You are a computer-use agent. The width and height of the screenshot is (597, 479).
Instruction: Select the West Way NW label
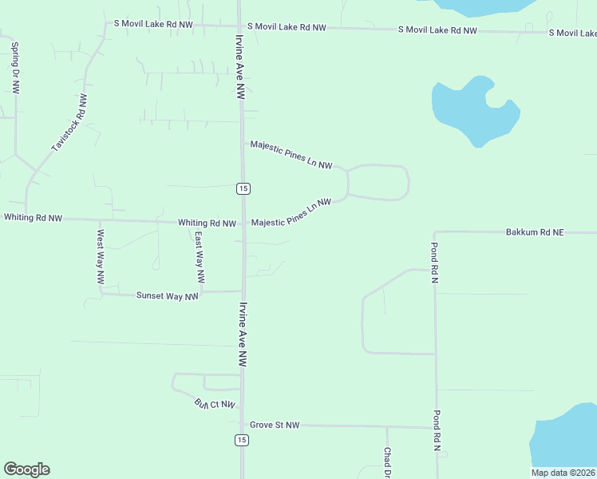tap(101, 258)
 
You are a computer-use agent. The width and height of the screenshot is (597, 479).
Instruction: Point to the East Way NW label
tap(200, 258)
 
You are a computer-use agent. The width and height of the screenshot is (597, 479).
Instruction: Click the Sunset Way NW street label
tap(167, 296)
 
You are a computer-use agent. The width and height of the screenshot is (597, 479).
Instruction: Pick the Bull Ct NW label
tap(215, 405)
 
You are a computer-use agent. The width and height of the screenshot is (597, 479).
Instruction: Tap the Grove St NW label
tap(275, 426)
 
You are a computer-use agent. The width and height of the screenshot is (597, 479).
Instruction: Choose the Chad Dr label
tap(386, 462)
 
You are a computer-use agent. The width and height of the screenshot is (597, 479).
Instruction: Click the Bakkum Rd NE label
tap(534, 232)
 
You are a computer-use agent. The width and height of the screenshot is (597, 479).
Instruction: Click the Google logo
tap(26, 469)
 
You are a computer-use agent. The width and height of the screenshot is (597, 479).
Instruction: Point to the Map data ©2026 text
tap(563, 473)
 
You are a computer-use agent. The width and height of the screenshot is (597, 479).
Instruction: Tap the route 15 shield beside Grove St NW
tap(242, 440)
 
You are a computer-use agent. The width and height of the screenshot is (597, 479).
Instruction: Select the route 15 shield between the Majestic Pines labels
tap(243, 188)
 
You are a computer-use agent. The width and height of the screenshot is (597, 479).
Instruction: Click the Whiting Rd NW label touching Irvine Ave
tap(207, 224)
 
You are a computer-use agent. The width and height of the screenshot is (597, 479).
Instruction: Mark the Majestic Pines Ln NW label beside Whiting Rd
tap(291, 213)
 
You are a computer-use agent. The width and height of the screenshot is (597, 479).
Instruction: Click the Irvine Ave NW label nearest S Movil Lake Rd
tap(239, 65)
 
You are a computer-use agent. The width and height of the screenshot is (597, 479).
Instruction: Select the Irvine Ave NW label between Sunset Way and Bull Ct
tap(241, 334)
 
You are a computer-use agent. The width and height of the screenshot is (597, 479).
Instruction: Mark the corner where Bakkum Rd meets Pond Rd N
tap(436, 233)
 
